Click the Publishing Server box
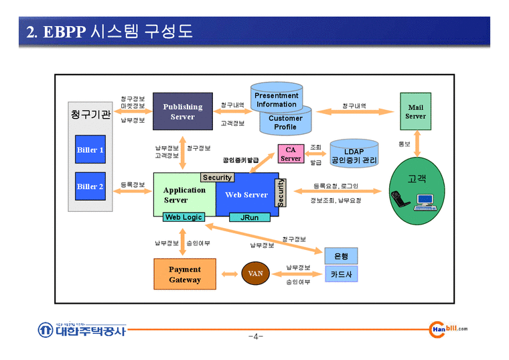pyautogui.click(x=182, y=111)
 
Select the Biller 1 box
pyautogui.click(x=90, y=150)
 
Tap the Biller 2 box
pyautogui.click(x=90, y=186)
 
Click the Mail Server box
pyautogui.click(x=415, y=111)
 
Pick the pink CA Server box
pyautogui.click(x=290, y=154)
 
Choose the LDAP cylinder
pyautogui.click(x=354, y=156)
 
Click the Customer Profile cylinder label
pyautogui.click(x=285, y=123)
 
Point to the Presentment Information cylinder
pyautogui.click(x=276, y=100)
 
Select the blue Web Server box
pyautogui.click(x=246, y=195)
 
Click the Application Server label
pyautogui.click(x=184, y=195)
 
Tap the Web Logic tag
pyautogui.click(x=184, y=217)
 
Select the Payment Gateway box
pyautogui.click(x=184, y=275)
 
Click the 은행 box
pyautogui.click(x=341, y=256)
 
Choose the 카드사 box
pyautogui.click(x=341, y=274)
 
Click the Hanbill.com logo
pyautogui.click(x=447, y=328)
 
